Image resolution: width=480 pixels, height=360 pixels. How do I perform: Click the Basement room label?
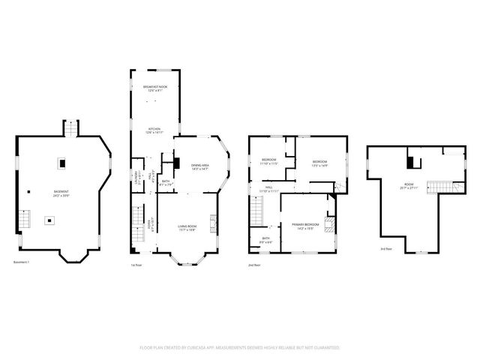click(61, 193)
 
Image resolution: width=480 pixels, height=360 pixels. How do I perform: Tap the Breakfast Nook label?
click(155, 88)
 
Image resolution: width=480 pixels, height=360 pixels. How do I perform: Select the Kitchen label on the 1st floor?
click(154, 130)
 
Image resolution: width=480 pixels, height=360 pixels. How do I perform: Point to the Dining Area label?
click(199, 166)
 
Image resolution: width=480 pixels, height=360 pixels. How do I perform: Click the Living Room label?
click(187, 228)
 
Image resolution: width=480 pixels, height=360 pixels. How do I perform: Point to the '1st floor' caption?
click(136, 265)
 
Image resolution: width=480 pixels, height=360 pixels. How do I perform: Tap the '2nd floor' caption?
click(254, 265)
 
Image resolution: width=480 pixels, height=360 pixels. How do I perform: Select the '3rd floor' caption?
click(386, 248)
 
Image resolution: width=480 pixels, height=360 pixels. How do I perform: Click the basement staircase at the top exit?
click(71, 129)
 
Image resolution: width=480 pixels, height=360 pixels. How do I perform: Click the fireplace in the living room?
click(213, 222)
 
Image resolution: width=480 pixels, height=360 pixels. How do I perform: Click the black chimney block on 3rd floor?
click(411, 160)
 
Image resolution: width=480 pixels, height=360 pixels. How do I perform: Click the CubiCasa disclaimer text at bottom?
click(240, 348)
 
